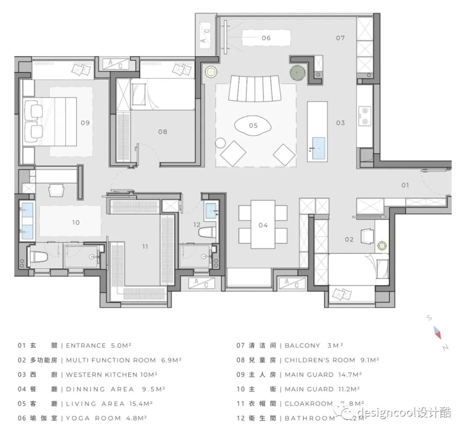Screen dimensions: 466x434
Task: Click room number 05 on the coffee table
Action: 253,125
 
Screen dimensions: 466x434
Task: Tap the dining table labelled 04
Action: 263,224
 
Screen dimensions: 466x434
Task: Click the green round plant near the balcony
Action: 297,73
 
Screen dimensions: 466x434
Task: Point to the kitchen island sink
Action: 318,148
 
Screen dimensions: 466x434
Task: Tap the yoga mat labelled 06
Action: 266,38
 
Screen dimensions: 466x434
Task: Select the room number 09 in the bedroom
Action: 85,122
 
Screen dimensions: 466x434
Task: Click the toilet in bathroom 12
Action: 208,233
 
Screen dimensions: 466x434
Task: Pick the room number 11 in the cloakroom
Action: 145,247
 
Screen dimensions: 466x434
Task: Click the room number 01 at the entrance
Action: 405,185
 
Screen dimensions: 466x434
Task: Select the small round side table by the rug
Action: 220,143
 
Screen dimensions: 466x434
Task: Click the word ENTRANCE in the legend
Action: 86,346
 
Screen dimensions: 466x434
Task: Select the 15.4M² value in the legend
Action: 141,404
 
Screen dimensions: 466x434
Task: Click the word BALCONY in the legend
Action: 302,346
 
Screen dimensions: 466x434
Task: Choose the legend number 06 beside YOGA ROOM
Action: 22,418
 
